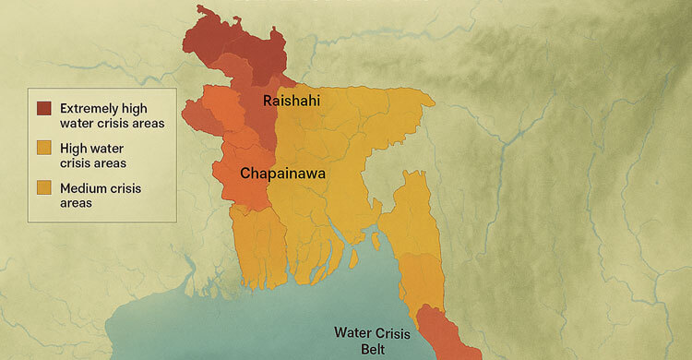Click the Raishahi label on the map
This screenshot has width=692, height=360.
292,101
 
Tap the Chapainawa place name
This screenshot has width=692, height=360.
286,173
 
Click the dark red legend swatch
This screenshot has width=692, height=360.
43,109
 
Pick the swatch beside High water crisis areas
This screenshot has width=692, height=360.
43,148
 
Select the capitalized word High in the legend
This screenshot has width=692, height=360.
73,148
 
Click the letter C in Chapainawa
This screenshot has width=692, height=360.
246,173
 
